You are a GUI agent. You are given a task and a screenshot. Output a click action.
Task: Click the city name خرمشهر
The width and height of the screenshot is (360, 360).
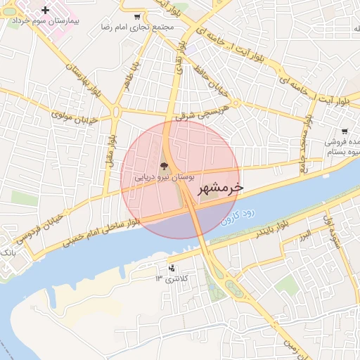click(220, 188)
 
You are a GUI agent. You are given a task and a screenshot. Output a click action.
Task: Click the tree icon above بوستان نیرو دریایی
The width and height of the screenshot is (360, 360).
click(164, 167)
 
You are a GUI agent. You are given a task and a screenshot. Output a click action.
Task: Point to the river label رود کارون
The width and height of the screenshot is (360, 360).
click(239, 214)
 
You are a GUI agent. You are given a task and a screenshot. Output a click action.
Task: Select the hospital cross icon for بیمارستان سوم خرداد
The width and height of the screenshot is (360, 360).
click(46, 10)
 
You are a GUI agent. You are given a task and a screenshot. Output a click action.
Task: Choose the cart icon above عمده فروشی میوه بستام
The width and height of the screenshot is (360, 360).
click(344, 131)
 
